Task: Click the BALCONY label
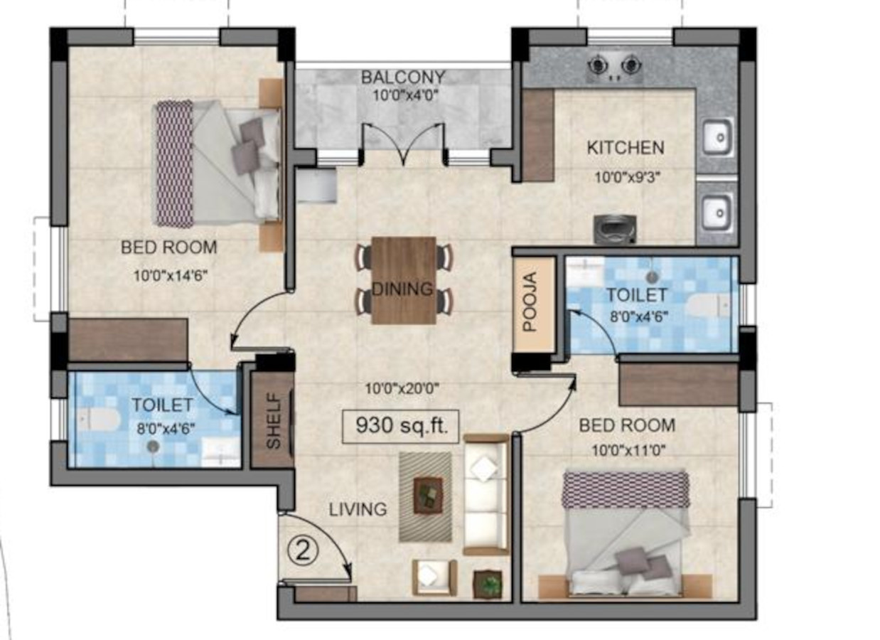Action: point(403,77)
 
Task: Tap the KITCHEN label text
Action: point(626,148)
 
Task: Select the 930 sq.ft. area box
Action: point(400,427)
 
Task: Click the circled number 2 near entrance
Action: point(303,551)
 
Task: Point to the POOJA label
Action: point(530,302)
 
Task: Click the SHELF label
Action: point(274,422)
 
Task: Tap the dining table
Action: point(404,280)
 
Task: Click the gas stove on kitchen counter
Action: point(615,68)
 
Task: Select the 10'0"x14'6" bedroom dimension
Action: point(170,276)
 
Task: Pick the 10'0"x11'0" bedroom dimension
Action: point(629,451)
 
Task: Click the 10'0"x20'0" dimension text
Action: point(402,389)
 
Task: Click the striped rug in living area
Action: point(426,497)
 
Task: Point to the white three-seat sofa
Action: point(486,494)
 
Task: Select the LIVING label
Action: point(358,509)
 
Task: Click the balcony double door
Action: point(404,144)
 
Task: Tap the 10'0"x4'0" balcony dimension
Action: point(405,95)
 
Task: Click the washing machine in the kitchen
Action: point(615,229)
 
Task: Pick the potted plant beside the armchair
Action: point(488,585)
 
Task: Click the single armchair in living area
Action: point(434,577)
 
